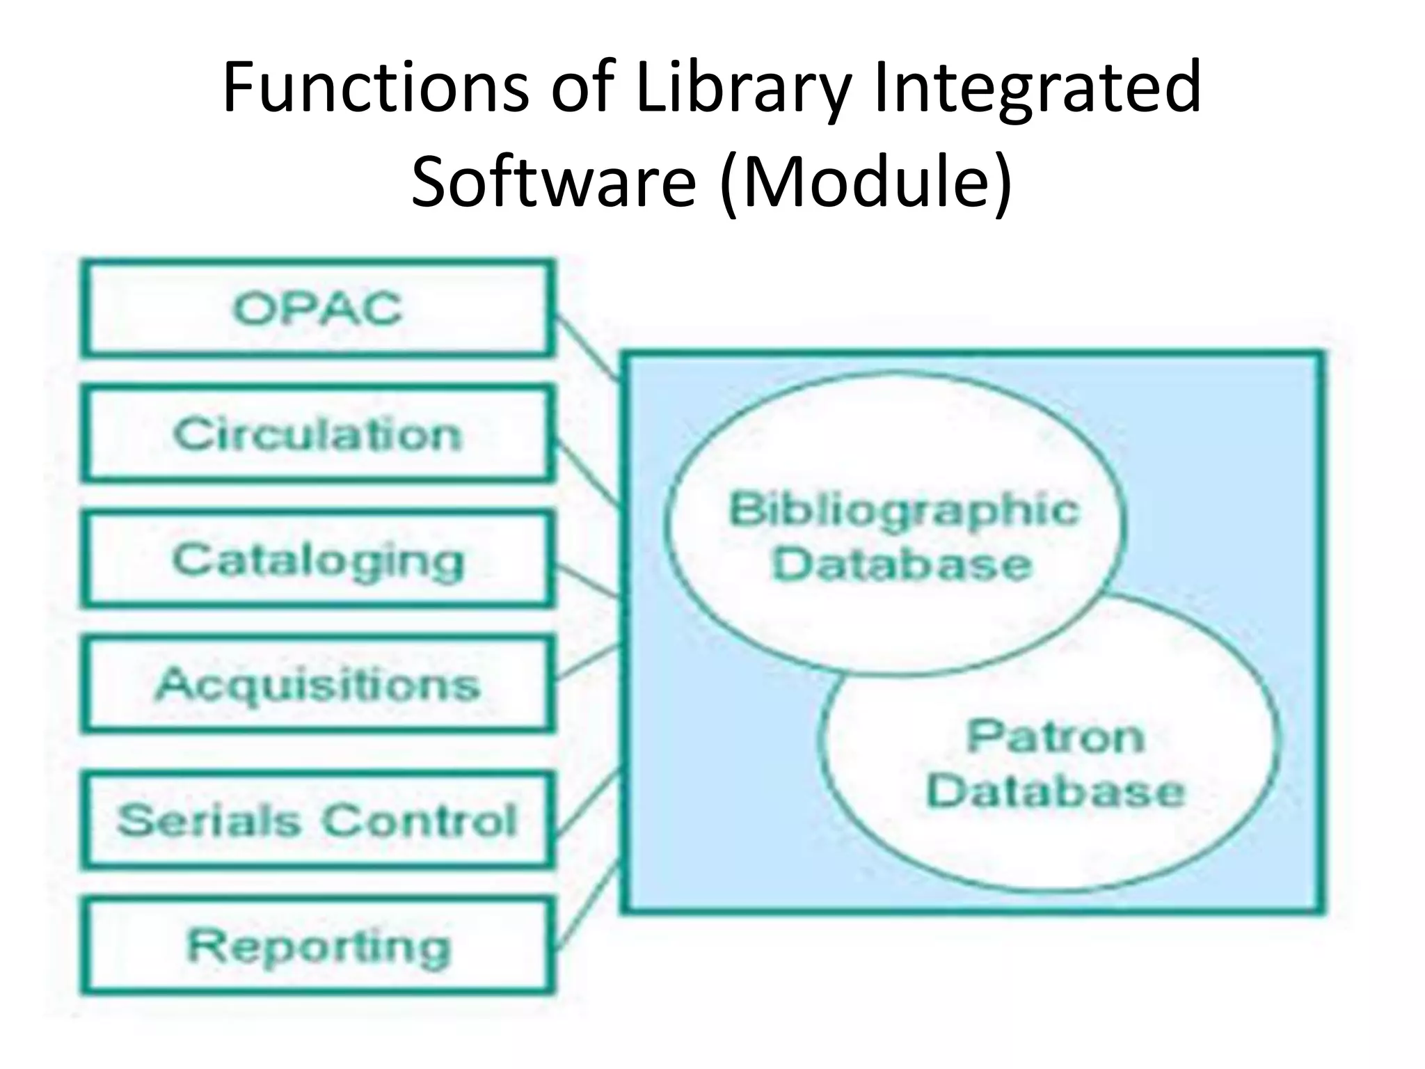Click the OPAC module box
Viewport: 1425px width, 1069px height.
(x=318, y=308)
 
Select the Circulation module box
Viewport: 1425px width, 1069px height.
(x=318, y=434)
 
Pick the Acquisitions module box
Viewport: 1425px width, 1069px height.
(x=318, y=684)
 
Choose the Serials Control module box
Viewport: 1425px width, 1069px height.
(x=318, y=820)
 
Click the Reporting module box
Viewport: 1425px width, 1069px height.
(x=318, y=947)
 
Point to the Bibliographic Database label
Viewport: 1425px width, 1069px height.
(x=902, y=537)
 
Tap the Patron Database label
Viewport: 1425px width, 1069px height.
(x=1054, y=764)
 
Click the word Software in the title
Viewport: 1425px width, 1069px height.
(x=553, y=182)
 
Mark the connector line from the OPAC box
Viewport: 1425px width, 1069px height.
(x=588, y=348)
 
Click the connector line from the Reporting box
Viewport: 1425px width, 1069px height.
(x=588, y=905)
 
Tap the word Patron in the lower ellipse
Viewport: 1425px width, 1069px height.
(x=1055, y=736)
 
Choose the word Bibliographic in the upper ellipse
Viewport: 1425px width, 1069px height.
(x=903, y=509)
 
